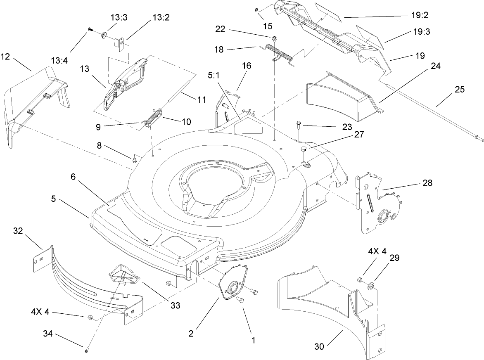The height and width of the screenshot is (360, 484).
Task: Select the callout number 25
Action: click(460, 89)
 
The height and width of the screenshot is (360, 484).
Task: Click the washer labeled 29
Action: click(370, 285)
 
